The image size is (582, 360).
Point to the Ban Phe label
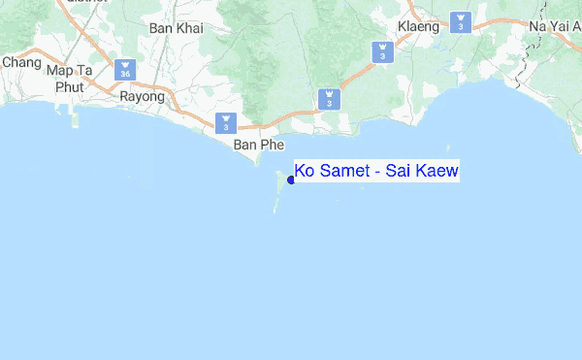[x=257, y=145]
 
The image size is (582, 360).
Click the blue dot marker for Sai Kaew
[x=291, y=180]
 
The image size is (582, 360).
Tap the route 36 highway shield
[x=124, y=71]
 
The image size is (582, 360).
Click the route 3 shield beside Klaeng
[x=462, y=20]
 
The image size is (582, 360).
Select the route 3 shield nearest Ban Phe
[x=226, y=123]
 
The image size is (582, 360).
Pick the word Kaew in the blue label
[x=436, y=172]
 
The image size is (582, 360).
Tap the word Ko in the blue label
[x=305, y=172]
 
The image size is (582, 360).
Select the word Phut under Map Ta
[x=69, y=86]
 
